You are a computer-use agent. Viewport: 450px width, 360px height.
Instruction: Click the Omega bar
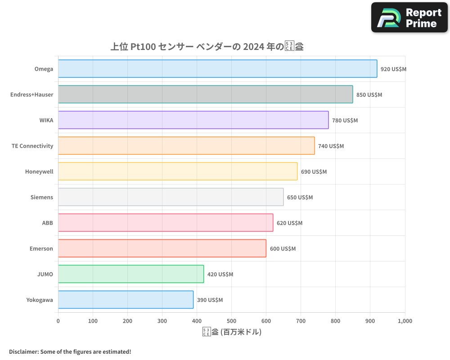click(x=217, y=69)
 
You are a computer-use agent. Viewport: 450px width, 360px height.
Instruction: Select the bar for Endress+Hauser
click(x=205, y=94)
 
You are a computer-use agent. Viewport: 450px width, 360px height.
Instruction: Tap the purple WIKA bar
click(x=193, y=120)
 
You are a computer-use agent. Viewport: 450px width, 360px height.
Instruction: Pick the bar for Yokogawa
click(x=126, y=300)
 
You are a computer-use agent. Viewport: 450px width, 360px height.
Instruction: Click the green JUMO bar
click(x=130, y=274)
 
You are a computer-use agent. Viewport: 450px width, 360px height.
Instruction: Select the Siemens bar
click(x=171, y=197)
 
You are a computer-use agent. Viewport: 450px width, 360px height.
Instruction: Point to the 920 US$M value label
click(x=393, y=69)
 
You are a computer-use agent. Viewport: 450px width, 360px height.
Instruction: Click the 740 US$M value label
click(x=331, y=146)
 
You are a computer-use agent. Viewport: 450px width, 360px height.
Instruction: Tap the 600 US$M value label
click(x=283, y=249)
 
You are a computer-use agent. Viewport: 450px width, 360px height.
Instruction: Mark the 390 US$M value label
click(x=210, y=300)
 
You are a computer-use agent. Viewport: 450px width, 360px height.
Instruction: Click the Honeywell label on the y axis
click(x=39, y=171)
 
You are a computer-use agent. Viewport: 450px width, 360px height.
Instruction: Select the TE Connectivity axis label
click(x=32, y=146)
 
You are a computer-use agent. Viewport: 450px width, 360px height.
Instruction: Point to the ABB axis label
click(x=47, y=223)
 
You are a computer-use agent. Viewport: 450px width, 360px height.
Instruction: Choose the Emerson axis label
click(x=41, y=248)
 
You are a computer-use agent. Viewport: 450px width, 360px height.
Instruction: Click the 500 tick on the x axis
click(x=231, y=321)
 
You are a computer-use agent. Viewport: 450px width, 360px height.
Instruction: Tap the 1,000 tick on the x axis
click(x=405, y=321)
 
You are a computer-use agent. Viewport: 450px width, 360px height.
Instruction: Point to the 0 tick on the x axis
click(x=58, y=321)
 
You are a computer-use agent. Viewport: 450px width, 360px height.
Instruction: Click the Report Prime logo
click(x=409, y=18)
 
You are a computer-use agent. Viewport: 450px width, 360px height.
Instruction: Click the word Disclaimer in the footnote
click(x=23, y=351)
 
